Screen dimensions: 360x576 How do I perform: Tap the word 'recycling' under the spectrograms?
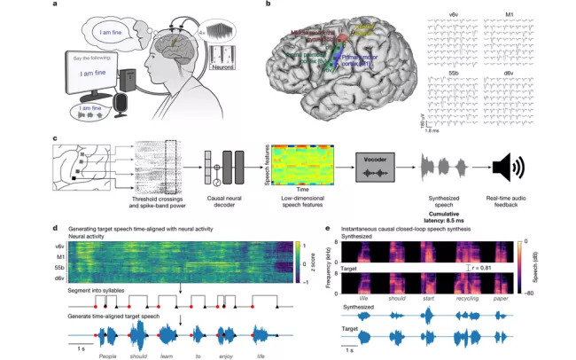click(x=463, y=300)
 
